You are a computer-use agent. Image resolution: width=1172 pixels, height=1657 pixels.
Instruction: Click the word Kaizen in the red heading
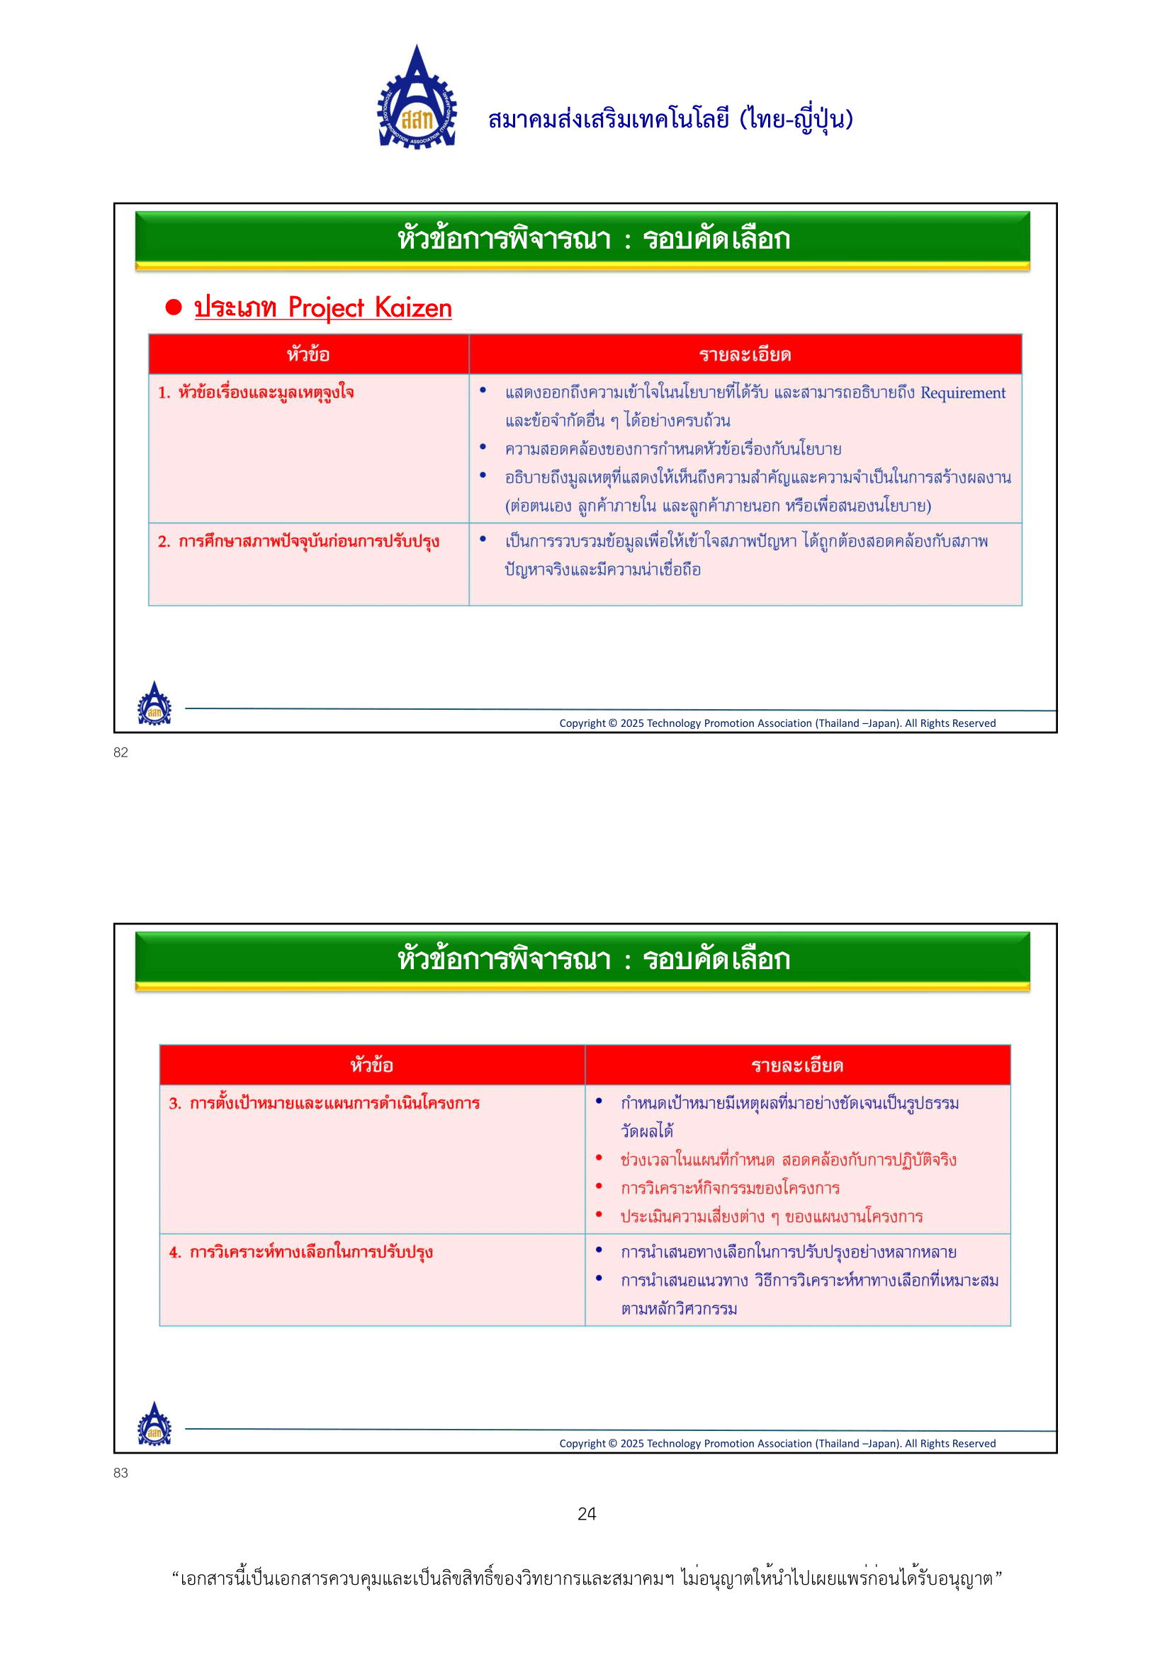pyautogui.click(x=413, y=308)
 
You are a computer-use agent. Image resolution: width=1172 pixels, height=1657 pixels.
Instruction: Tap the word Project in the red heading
pyautogui.click(x=325, y=308)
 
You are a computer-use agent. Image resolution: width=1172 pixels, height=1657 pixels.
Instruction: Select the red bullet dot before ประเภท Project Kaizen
pyautogui.click(x=173, y=307)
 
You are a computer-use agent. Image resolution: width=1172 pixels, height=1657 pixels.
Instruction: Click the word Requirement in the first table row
pyautogui.click(x=962, y=392)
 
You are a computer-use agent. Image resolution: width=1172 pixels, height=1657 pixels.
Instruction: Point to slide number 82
pyautogui.click(x=120, y=752)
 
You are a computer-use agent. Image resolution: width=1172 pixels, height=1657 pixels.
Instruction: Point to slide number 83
pyautogui.click(x=120, y=1472)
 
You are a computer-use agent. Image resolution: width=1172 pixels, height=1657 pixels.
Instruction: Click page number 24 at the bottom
pyautogui.click(x=587, y=1513)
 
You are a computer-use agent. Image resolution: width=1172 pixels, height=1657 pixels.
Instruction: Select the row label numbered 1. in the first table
pyautogui.click(x=257, y=392)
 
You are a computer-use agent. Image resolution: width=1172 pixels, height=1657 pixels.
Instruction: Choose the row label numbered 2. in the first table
pyautogui.click(x=298, y=541)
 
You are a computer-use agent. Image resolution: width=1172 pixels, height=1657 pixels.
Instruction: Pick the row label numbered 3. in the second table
pyautogui.click(x=324, y=1103)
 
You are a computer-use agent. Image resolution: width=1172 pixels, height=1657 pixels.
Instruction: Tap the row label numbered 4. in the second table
pyautogui.click(x=300, y=1251)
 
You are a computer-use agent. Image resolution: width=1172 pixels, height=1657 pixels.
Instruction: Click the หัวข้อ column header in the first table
pyautogui.click(x=308, y=354)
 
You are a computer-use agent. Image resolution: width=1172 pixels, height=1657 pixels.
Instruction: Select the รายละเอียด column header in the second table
pyautogui.click(x=796, y=1065)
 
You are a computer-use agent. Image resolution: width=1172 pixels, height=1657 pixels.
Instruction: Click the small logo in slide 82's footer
pyautogui.click(x=154, y=703)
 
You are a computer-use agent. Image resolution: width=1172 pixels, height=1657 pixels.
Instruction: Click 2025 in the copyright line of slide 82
pyautogui.click(x=631, y=723)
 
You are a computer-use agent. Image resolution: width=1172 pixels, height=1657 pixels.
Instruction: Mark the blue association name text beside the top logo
pyautogui.click(x=670, y=119)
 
